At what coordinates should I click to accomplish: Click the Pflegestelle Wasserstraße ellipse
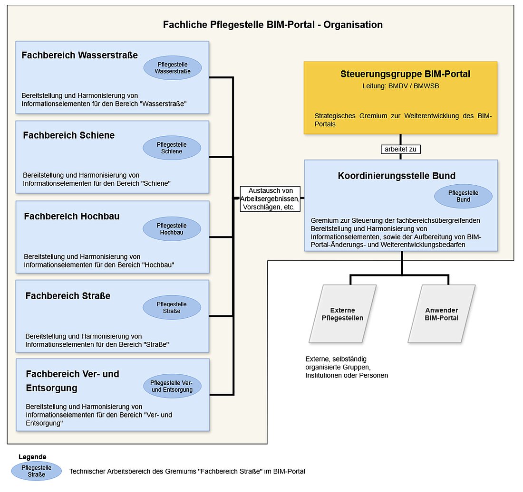(x=173, y=68)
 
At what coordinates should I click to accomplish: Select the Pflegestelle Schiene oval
(x=172, y=148)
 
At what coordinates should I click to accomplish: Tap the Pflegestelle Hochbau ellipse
(x=172, y=229)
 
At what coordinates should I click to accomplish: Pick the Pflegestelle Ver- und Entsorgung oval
(x=172, y=386)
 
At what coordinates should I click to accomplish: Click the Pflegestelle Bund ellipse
(x=463, y=196)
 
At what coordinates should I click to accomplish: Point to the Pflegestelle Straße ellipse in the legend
(x=37, y=471)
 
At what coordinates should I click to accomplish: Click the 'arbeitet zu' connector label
(x=401, y=149)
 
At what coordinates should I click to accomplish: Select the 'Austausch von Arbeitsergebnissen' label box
(x=270, y=199)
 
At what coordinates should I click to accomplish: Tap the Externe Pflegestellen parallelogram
(x=342, y=314)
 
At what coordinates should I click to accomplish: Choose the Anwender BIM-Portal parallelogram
(x=442, y=314)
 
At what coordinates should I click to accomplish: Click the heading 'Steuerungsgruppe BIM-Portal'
(x=405, y=74)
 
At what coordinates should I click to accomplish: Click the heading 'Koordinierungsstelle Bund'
(x=397, y=176)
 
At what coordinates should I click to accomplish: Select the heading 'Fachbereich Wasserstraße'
(x=79, y=55)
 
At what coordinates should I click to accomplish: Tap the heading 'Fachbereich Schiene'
(x=69, y=135)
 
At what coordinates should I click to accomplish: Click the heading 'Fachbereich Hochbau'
(x=72, y=217)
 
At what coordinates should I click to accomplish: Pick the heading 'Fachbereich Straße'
(x=68, y=296)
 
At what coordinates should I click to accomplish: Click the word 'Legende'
(x=32, y=457)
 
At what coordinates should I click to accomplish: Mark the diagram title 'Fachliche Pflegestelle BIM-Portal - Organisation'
(x=272, y=25)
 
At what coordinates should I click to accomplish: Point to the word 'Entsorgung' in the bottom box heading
(x=51, y=388)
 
